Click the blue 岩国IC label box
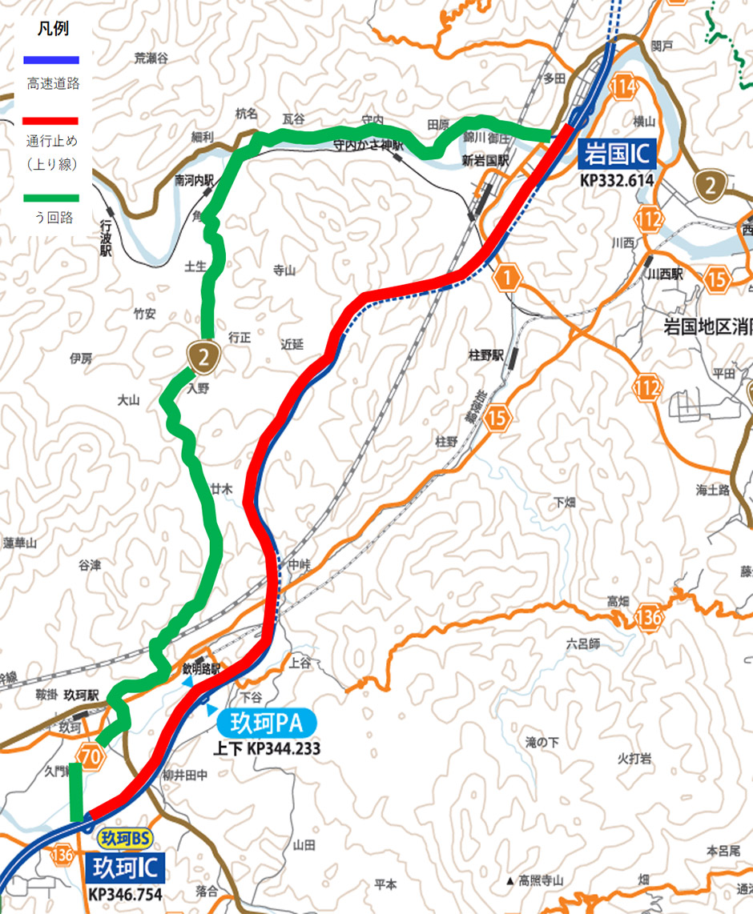tap(615, 152)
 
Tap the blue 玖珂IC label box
tap(126, 868)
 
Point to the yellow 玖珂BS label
tap(124, 838)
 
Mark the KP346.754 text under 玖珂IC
tap(125, 894)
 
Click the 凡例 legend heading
tap(53, 29)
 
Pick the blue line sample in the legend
tap(50, 59)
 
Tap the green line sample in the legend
tap(50, 197)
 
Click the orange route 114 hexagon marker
tap(626, 87)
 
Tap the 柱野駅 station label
tap(485, 353)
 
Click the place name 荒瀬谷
tap(151, 58)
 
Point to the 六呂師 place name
tap(582, 642)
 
